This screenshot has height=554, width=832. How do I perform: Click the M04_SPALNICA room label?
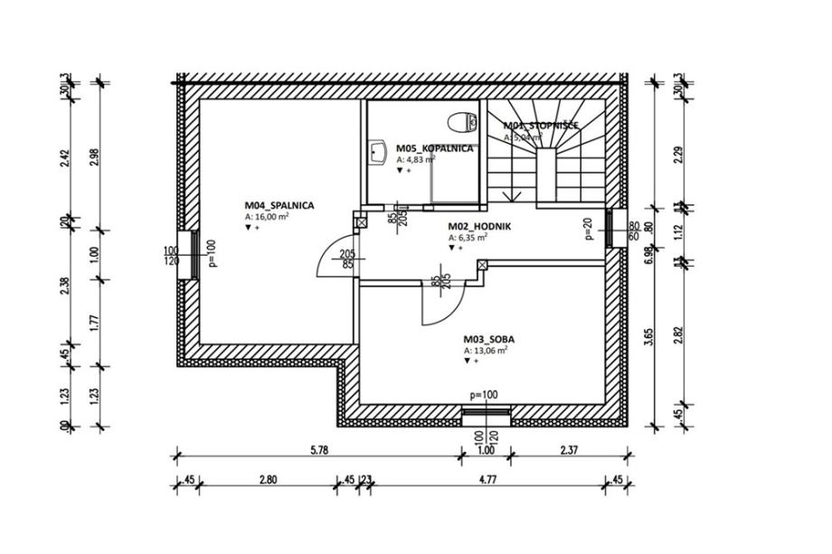click(279, 205)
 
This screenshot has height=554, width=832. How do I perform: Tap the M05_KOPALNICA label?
click(435, 147)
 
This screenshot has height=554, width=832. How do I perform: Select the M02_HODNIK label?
click(479, 227)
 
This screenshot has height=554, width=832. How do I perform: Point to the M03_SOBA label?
click(489, 340)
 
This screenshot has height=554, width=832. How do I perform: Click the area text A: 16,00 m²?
click(267, 218)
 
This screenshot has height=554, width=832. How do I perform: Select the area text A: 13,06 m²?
click(485, 351)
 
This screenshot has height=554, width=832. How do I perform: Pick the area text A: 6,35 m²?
click(468, 238)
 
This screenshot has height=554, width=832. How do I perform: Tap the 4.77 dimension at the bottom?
click(487, 479)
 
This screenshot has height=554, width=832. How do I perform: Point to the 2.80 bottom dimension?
click(267, 479)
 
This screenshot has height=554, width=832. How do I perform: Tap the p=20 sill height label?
click(587, 231)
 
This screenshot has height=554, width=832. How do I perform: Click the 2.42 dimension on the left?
click(63, 159)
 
